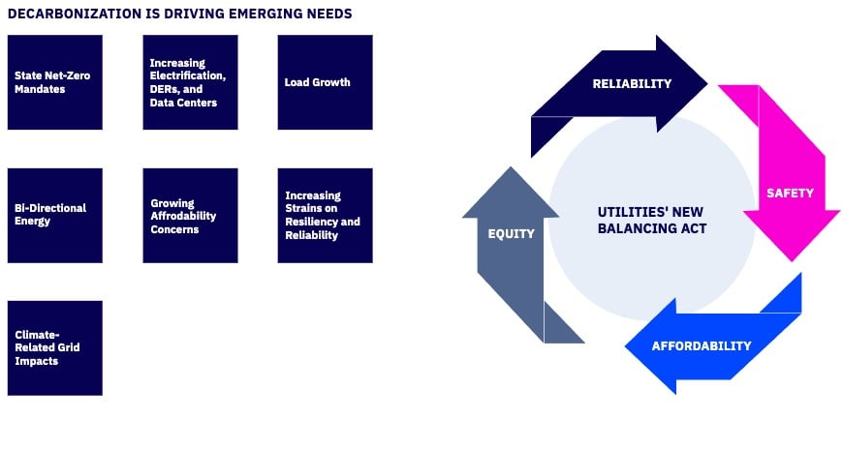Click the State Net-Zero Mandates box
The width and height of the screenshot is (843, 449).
coord(54,82)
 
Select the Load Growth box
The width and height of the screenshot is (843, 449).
coord(325,82)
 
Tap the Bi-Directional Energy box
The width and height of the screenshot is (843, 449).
coord(54,215)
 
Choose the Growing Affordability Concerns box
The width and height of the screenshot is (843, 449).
coord(190,215)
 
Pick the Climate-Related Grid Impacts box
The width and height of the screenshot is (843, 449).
coord(54,347)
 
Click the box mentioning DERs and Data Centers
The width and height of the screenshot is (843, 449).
coord(190,82)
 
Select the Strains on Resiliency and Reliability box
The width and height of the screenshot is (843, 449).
coord(325,215)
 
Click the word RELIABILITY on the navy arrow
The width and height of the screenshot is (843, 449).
coord(632,83)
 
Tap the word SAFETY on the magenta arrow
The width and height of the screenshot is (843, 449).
coord(790,193)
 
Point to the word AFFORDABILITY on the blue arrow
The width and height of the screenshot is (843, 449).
coord(702,345)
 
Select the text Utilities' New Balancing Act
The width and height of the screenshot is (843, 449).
coord(652,220)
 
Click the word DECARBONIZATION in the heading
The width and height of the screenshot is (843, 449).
coord(70,14)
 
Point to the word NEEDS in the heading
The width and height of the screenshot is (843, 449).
coord(328,14)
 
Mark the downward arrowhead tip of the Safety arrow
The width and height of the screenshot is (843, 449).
coord(794,258)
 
